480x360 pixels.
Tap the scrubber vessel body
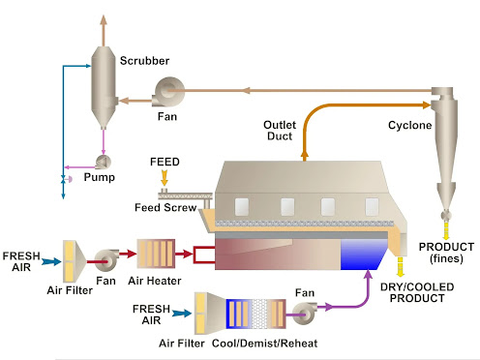click(x=103, y=87)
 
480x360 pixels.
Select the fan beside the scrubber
click(x=170, y=93)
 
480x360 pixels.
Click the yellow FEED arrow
click(x=165, y=177)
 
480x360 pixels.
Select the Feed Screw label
click(x=165, y=207)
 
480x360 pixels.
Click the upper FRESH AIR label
click(x=20, y=260)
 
